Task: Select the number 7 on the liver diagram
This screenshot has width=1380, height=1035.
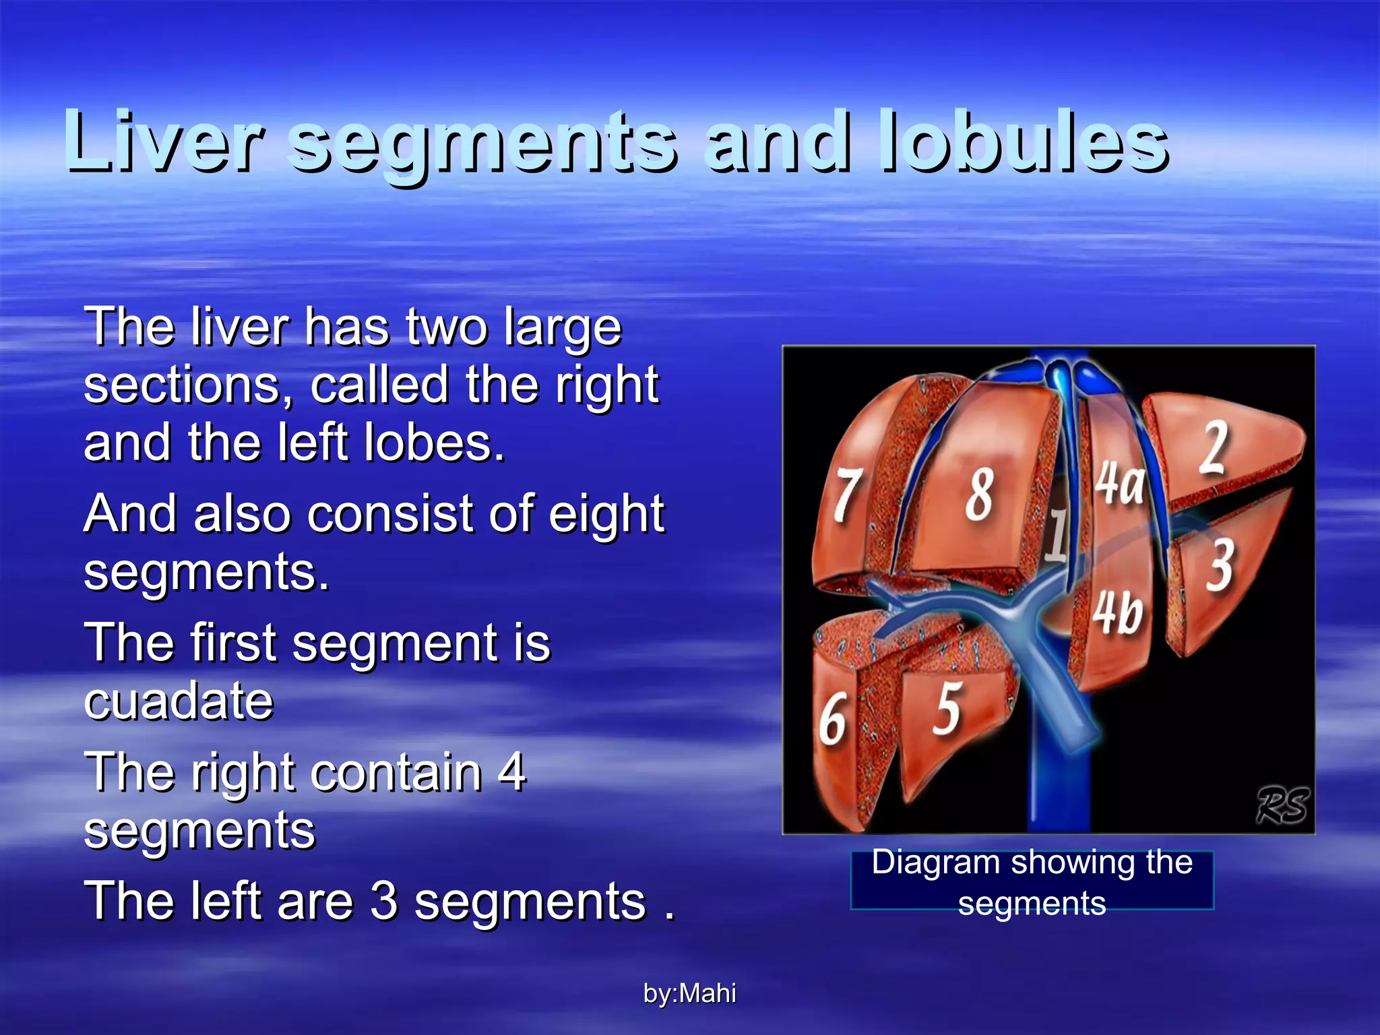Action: pos(848,495)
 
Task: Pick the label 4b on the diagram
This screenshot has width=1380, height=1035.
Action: pos(1119,613)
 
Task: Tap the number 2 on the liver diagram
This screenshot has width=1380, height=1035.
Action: pos(1215,447)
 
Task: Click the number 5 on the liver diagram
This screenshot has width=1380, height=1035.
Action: pos(947,708)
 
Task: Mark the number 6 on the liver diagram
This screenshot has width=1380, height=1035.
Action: pos(833,720)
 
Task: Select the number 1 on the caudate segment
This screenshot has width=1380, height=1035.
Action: pos(1057,536)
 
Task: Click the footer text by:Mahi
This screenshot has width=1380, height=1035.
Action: pos(689,993)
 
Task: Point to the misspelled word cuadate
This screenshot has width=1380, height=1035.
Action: pos(179,701)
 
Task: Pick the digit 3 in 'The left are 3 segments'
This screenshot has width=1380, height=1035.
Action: pos(384,901)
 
